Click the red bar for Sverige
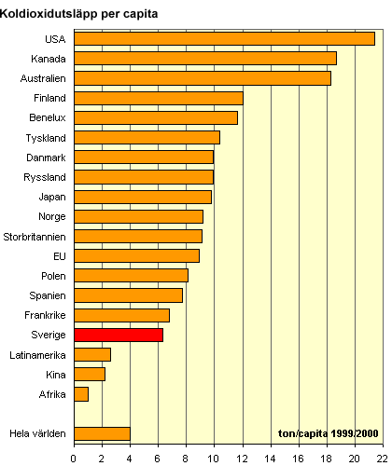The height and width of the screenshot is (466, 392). click(x=119, y=335)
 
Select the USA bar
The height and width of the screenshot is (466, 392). click(x=225, y=39)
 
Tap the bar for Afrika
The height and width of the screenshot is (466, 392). click(x=81, y=394)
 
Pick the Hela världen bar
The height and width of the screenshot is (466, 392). click(x=103, y=433)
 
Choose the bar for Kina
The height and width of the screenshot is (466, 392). click(x=90, y=375)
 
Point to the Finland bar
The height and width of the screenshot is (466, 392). click(x=159, y=98)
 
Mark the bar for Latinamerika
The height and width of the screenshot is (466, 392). click(x=92, y=355)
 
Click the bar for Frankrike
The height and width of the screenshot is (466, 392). click(x=122, y=315)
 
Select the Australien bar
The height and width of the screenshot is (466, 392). click(x=203, y=78)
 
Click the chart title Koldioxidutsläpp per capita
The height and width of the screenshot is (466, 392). click(x=79, y=14)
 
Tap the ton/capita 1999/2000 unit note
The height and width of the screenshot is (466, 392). click(x=329, y=433)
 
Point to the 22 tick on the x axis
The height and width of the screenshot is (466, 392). click(x=383, y=459)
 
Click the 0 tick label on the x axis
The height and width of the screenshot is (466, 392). click(x=74, y=459)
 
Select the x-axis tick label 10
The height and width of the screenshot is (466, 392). click(x=214, y=459)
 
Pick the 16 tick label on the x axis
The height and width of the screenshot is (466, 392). click(x=298, y=459)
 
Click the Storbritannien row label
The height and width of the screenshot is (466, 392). click(x=35, y=237)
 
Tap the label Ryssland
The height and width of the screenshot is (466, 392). click(x=45, y=177)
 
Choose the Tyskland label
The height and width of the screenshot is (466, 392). click(x=46, y=138)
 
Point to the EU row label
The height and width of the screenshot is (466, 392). click(x=60, y=256)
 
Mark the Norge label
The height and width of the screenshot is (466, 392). click(x=52, y=217)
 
